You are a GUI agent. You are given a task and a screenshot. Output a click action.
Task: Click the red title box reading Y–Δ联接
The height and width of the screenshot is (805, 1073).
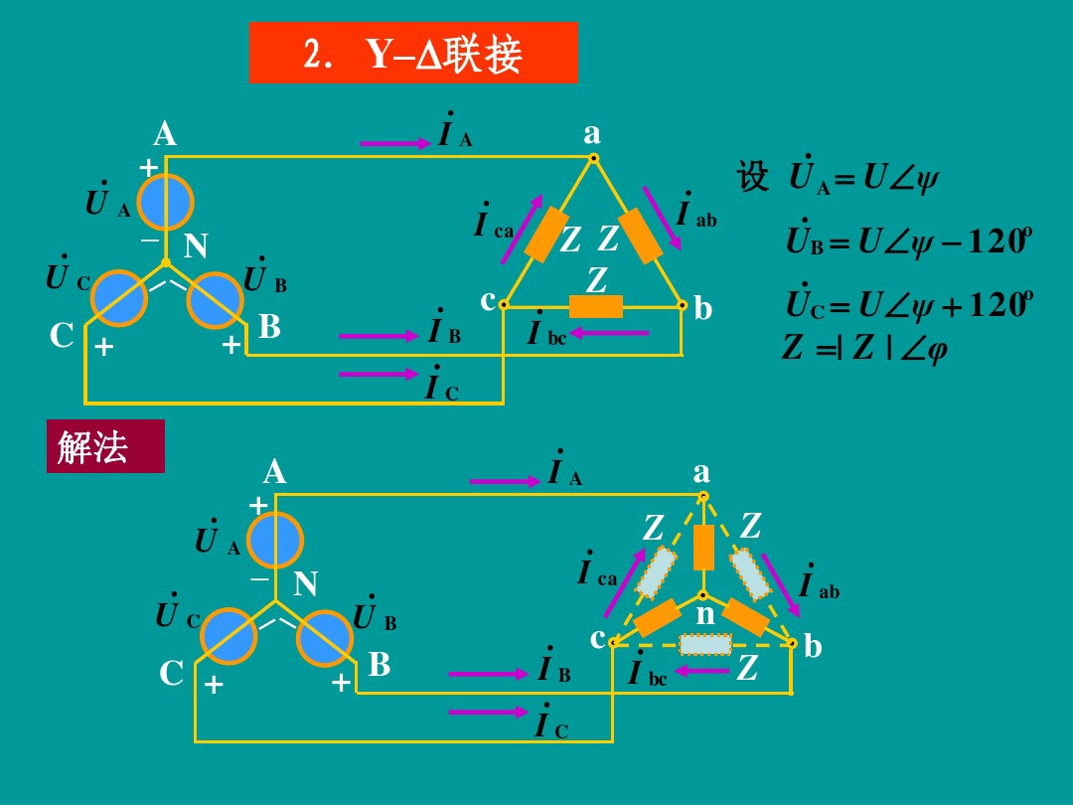point(413,53)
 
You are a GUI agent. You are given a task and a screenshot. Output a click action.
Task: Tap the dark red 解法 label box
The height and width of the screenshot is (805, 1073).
point(105,446)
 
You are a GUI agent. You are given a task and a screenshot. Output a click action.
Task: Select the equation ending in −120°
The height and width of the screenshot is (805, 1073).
point(904,241)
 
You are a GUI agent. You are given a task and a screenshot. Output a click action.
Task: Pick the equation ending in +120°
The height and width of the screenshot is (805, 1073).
point(904,302)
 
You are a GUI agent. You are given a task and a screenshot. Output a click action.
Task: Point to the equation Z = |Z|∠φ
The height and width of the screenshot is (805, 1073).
point(863,348)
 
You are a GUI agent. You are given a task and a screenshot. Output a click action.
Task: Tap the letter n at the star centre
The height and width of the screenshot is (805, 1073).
point(705,615)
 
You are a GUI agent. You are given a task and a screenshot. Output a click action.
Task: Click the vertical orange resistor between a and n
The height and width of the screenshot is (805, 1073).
point(703,548)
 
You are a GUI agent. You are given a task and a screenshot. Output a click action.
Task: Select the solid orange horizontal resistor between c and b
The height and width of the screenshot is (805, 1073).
point(596,306)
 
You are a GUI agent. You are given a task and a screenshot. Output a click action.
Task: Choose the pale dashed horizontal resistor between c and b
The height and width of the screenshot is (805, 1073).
point(705,644)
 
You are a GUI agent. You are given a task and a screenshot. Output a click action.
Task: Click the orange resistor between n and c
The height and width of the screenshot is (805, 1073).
point(657,619)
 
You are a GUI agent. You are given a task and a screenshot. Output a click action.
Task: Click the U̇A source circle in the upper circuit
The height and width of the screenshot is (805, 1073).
point(166,202)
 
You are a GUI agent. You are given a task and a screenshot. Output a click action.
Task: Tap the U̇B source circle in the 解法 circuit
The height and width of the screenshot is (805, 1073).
point(325,636)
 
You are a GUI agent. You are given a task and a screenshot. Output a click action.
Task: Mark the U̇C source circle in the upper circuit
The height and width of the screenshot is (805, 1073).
point(119,297)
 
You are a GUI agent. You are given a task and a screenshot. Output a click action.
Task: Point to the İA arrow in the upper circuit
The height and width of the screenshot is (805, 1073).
point(394,144)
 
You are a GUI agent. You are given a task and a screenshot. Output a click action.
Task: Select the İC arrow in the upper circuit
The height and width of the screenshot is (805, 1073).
point(379,374)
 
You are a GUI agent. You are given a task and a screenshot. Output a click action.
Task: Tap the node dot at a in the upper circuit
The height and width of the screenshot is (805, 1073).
point(593,157)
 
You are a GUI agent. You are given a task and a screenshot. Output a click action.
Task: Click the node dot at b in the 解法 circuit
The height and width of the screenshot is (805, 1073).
point(792,643)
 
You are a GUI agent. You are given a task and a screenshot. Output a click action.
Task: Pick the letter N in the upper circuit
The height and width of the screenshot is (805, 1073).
point(195,245)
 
